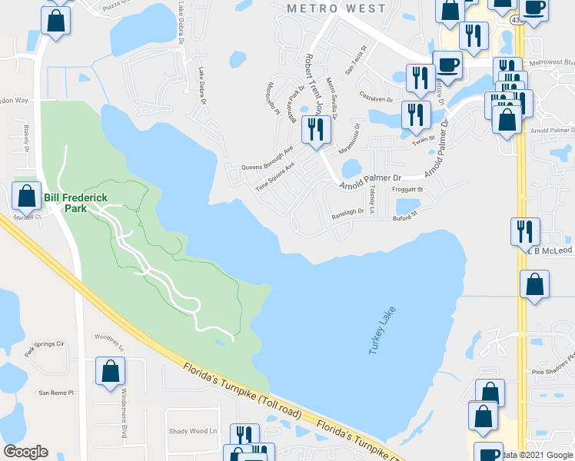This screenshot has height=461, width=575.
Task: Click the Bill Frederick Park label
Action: [x=75, y=203]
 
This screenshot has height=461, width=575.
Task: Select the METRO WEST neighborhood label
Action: [x=335, y=8]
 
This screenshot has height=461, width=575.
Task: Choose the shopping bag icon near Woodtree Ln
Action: [x=111, y=372]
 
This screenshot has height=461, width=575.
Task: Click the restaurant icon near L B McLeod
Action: [x=526, y=230]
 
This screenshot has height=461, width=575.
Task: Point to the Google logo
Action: [x=25, y=452]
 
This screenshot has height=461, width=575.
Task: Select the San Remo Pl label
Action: [x=55, y=392]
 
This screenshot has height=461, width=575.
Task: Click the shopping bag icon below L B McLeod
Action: [x=533, y=285]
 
